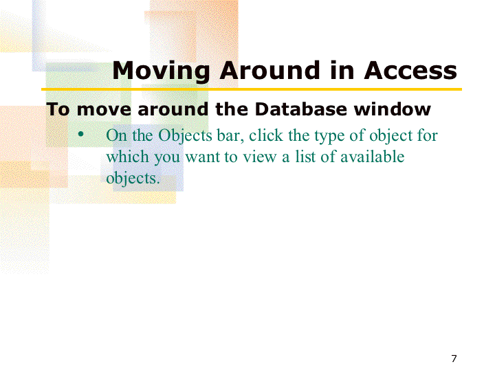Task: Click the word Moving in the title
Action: (x=161, y=71)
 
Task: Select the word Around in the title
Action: (x=270, y=70)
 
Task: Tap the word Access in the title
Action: (x=410, y=70)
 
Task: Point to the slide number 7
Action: (x=454, y=359)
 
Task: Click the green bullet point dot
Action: (x=81, y=135)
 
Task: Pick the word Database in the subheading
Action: (x=300, y=109)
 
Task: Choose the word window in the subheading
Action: (x=392, y=109)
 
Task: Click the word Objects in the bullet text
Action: (x=185, y=136)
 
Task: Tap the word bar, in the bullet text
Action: (x=230, y=135)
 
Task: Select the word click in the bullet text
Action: (x=266, y=135)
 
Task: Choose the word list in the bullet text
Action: (x=305, y=157)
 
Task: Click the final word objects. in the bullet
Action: (x=133, y=179)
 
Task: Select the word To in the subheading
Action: (x=58, y=109)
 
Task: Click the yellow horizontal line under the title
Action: (x=252, y=89)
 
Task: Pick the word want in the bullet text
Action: (x=202, y=157)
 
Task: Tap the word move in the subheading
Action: (x=104, y=110)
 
